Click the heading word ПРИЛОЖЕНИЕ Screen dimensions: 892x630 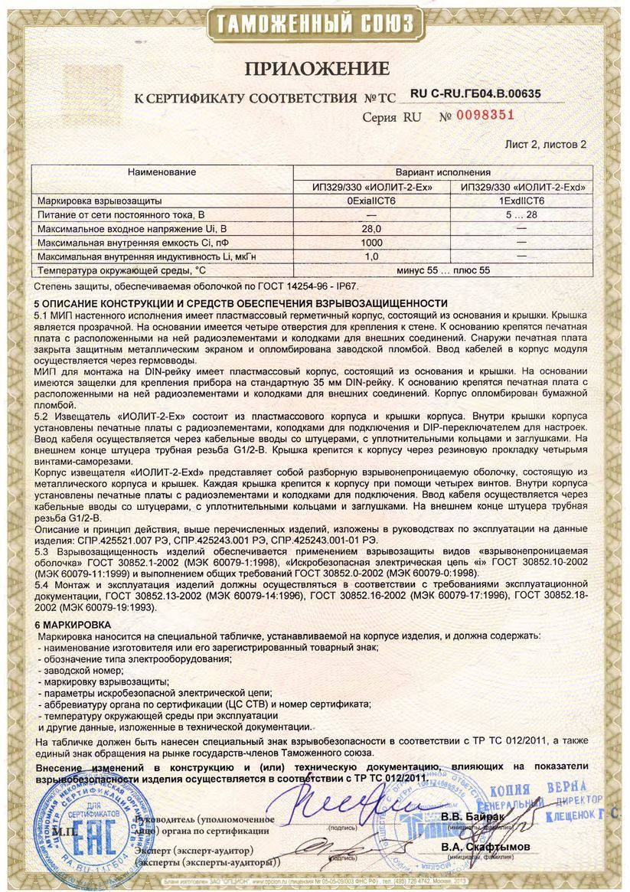click(x=317, y=70)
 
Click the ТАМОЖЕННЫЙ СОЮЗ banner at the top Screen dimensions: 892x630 click(x=315, y=22)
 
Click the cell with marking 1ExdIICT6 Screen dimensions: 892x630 click(x=521, y=201)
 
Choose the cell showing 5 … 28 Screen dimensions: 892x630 click(x=521, y=214)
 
